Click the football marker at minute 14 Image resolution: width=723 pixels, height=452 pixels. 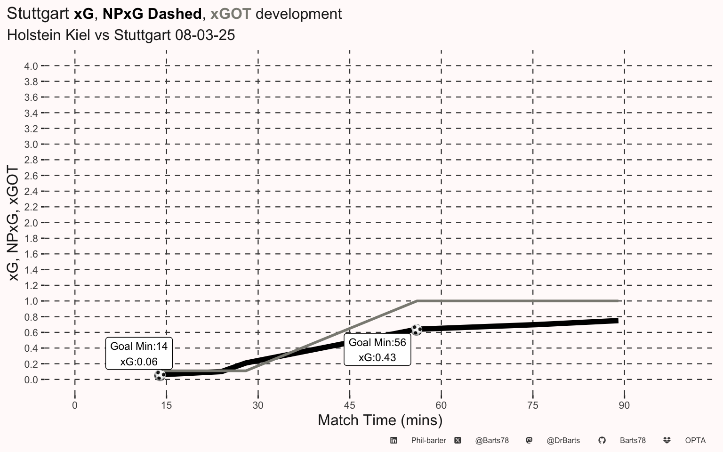pos(160,375)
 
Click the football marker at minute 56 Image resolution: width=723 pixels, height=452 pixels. pos(416,330)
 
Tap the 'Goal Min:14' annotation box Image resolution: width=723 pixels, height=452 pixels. pos(139,354)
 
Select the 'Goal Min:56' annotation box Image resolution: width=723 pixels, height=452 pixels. pos(377,350)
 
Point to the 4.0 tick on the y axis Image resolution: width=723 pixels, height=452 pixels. pos(31,66)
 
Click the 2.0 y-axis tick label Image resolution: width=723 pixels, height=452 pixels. pos(31,223)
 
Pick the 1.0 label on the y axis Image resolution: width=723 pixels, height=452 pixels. pos(31,301)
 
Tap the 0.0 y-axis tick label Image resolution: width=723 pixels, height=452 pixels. pos(31,380)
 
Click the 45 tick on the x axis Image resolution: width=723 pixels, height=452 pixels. pos(349,405)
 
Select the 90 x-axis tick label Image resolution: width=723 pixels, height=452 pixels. pos(624,405)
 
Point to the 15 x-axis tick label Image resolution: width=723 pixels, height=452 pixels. pos(166,405)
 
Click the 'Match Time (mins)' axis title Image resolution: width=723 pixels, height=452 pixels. pos(380,420)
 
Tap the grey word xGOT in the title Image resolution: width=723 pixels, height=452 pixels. pos(230,14)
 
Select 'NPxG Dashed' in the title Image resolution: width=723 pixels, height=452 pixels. pos(152,14)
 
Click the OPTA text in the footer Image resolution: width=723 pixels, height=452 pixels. pos(695,441)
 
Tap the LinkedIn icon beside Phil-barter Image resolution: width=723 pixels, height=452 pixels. pos(394,441)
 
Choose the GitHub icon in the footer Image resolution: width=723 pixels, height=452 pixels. pos(602,441)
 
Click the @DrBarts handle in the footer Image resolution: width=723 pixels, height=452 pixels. pos(563,441)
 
